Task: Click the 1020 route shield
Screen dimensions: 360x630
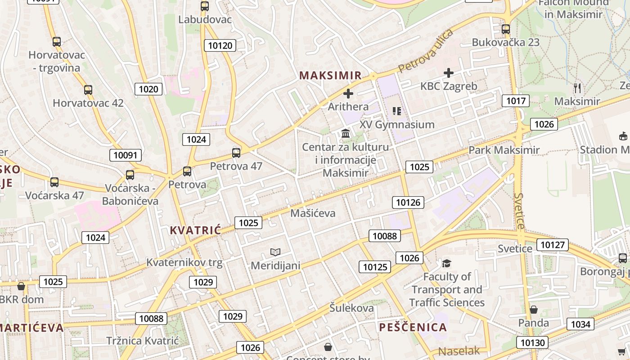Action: [x=148, y=89]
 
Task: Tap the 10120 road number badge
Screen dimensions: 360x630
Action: [x=220, y=45]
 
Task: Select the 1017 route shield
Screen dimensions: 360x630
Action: [x=516, y=100]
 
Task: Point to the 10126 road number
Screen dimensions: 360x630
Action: [x=408, y=202]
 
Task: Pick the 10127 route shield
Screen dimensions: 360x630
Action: [x=553, y=244]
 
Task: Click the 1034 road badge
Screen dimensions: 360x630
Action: [x=580, y=324]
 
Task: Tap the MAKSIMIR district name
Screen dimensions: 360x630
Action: [x=331, y=75]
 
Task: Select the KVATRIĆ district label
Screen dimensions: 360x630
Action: [x=196, y=230]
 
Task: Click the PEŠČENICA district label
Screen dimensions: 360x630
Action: [x=413, y=327]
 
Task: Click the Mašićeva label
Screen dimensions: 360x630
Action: [x=313, y=213]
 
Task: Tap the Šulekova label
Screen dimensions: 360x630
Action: [x=351, y=308]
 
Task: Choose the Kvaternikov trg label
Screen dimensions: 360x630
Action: [x=184, y=263]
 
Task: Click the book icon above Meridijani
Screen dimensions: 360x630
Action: [x=275, y=252]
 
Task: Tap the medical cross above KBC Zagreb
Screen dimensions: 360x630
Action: [x=449, y=72]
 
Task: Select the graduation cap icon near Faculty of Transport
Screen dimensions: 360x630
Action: [x=446, y=263]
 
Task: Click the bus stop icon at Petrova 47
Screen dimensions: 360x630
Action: [x=236, y=153]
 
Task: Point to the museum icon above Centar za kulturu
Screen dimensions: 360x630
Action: [x=346, y=133]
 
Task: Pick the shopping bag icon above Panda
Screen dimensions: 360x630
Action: [x=533, y=310]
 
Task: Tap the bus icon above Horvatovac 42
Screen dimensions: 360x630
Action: [x=88, y=90]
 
